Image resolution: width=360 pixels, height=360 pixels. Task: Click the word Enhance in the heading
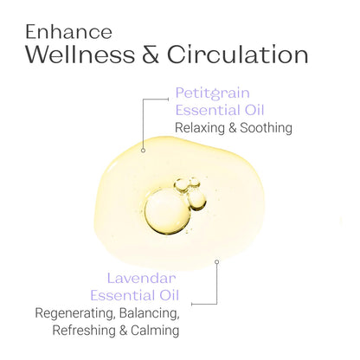click(x=68, y=32)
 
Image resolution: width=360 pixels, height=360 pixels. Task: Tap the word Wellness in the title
click(x=80, y=55)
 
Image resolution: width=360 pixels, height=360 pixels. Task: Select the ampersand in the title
click(x=151, y=55)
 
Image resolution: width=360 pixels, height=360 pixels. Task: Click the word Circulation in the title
click(x=237, y=55)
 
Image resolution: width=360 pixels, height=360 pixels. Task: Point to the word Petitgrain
click(x=213, y=93)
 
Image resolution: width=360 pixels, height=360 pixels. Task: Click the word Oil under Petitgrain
click(x=254, y=110)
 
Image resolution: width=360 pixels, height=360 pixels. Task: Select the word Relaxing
click(x=200, y=128)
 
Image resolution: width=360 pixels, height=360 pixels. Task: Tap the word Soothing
click(x=267, y=128)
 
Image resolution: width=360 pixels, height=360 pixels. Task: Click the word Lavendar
click(x=141, y=279)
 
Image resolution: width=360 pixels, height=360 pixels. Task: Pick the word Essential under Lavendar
click(x=122, y=295)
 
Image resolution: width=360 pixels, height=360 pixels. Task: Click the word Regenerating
click(x=74, y=313)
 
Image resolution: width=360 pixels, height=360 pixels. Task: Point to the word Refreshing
click(x=84, y=331)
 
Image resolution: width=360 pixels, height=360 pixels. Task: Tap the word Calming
click(x=155, y=331)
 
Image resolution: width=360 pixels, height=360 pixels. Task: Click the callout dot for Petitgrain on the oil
click(x=143, y=151)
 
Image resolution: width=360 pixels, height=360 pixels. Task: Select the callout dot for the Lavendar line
click(x=216, y=261)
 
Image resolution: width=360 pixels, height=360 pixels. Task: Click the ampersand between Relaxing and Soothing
click(x=233, y=128)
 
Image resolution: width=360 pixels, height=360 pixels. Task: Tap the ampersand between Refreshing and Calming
click(x=123, y=331)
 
